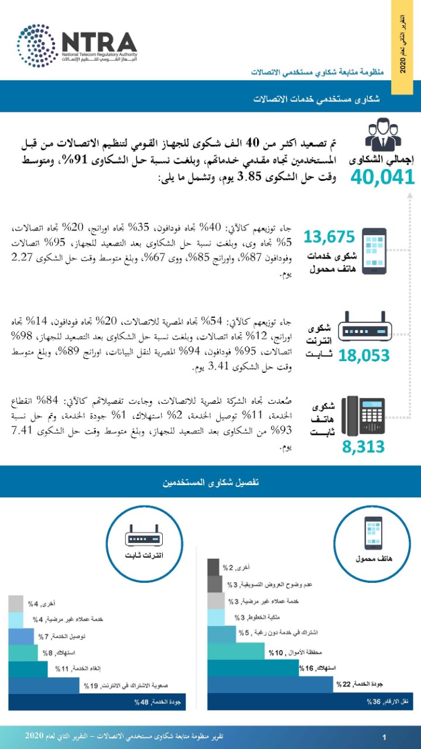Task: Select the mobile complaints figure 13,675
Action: [330, 237]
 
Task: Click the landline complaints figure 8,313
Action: [364, 446]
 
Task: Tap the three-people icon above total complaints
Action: [384, 135]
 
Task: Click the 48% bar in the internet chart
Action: [97, 702]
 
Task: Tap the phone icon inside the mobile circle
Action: [373, 534]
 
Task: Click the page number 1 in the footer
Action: [382, 736]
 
